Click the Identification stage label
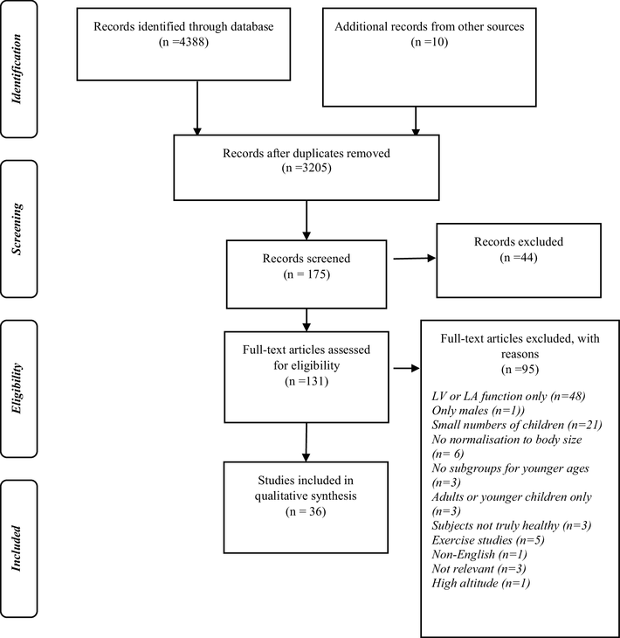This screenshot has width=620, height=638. tap(17, 69)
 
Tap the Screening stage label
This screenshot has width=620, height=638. tap(17, 229)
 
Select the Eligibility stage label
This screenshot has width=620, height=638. tap(17, 388)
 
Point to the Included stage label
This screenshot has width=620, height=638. tap(17, 549)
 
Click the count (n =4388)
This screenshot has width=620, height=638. tap(183, 42)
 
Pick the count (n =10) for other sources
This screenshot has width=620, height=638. tap(430, 42)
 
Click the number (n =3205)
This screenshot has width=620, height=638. tap(307, 168)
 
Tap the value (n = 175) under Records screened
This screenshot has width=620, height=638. tap(307, 274)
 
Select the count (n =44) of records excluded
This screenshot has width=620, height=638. tap(519, 258)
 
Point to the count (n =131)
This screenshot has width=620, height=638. tap(307, 381)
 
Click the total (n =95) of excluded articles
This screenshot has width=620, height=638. tap(520, 370)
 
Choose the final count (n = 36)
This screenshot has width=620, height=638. tap(306, 511)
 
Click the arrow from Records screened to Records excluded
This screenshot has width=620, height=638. tap(414, 258)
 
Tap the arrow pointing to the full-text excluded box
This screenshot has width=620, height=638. tap(406, 368)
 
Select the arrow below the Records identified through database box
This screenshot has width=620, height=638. tap(197, 107)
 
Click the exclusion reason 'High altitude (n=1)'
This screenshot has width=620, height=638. tap(481, 584)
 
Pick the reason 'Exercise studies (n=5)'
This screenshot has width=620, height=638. tap(488, 540)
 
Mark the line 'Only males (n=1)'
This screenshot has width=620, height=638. tap(479, 411)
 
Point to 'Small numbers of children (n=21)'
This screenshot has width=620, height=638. tap(517, 426)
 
